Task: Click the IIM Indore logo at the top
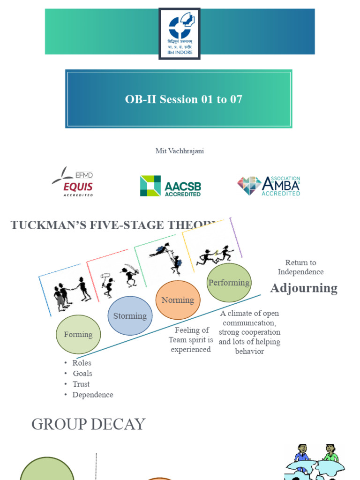(180, 33)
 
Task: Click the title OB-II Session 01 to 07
(183, 99)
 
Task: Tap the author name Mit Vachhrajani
(180, 151)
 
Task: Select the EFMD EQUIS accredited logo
(73, 182)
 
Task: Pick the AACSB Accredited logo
(171, 186)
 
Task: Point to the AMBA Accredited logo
(269, 186)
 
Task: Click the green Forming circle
(78, 334)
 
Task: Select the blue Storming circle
(130, 316)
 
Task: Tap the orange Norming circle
(178, 300)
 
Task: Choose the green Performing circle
(229, 283)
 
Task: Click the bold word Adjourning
(304, 288)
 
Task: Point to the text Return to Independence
(300, 267)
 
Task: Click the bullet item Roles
(82, 363)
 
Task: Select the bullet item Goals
(82, 374)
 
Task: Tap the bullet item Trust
(81, 384)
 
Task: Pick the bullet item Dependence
(92, 395)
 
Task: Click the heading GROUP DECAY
(88, 424)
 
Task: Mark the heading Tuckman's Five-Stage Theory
(112, 225)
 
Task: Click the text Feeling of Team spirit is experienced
(191, 340)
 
